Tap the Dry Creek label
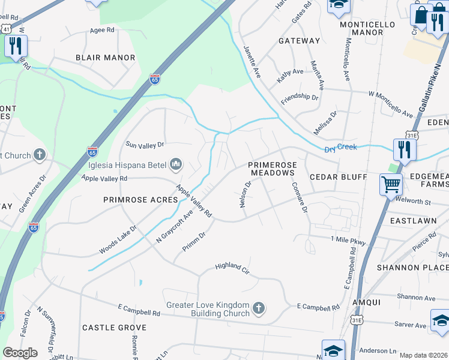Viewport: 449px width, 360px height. click(340, 147)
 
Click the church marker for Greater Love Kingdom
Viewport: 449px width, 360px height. click(259, 308)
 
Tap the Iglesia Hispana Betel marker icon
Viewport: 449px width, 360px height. click(176, 164)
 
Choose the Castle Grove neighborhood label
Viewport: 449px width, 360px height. click(114, 328)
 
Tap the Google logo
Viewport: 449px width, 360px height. click(20, 353)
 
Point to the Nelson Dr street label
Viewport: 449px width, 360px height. click(245, 194)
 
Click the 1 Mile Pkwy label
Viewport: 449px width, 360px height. click(349, 239)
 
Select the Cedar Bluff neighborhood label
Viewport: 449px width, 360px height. click(338, 177)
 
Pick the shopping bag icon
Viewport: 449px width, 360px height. click(421, 14)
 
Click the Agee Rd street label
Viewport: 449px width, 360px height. click(101, 30)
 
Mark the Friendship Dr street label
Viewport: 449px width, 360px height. click(299, 97)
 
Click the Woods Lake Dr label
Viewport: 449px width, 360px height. click(118, 239)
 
